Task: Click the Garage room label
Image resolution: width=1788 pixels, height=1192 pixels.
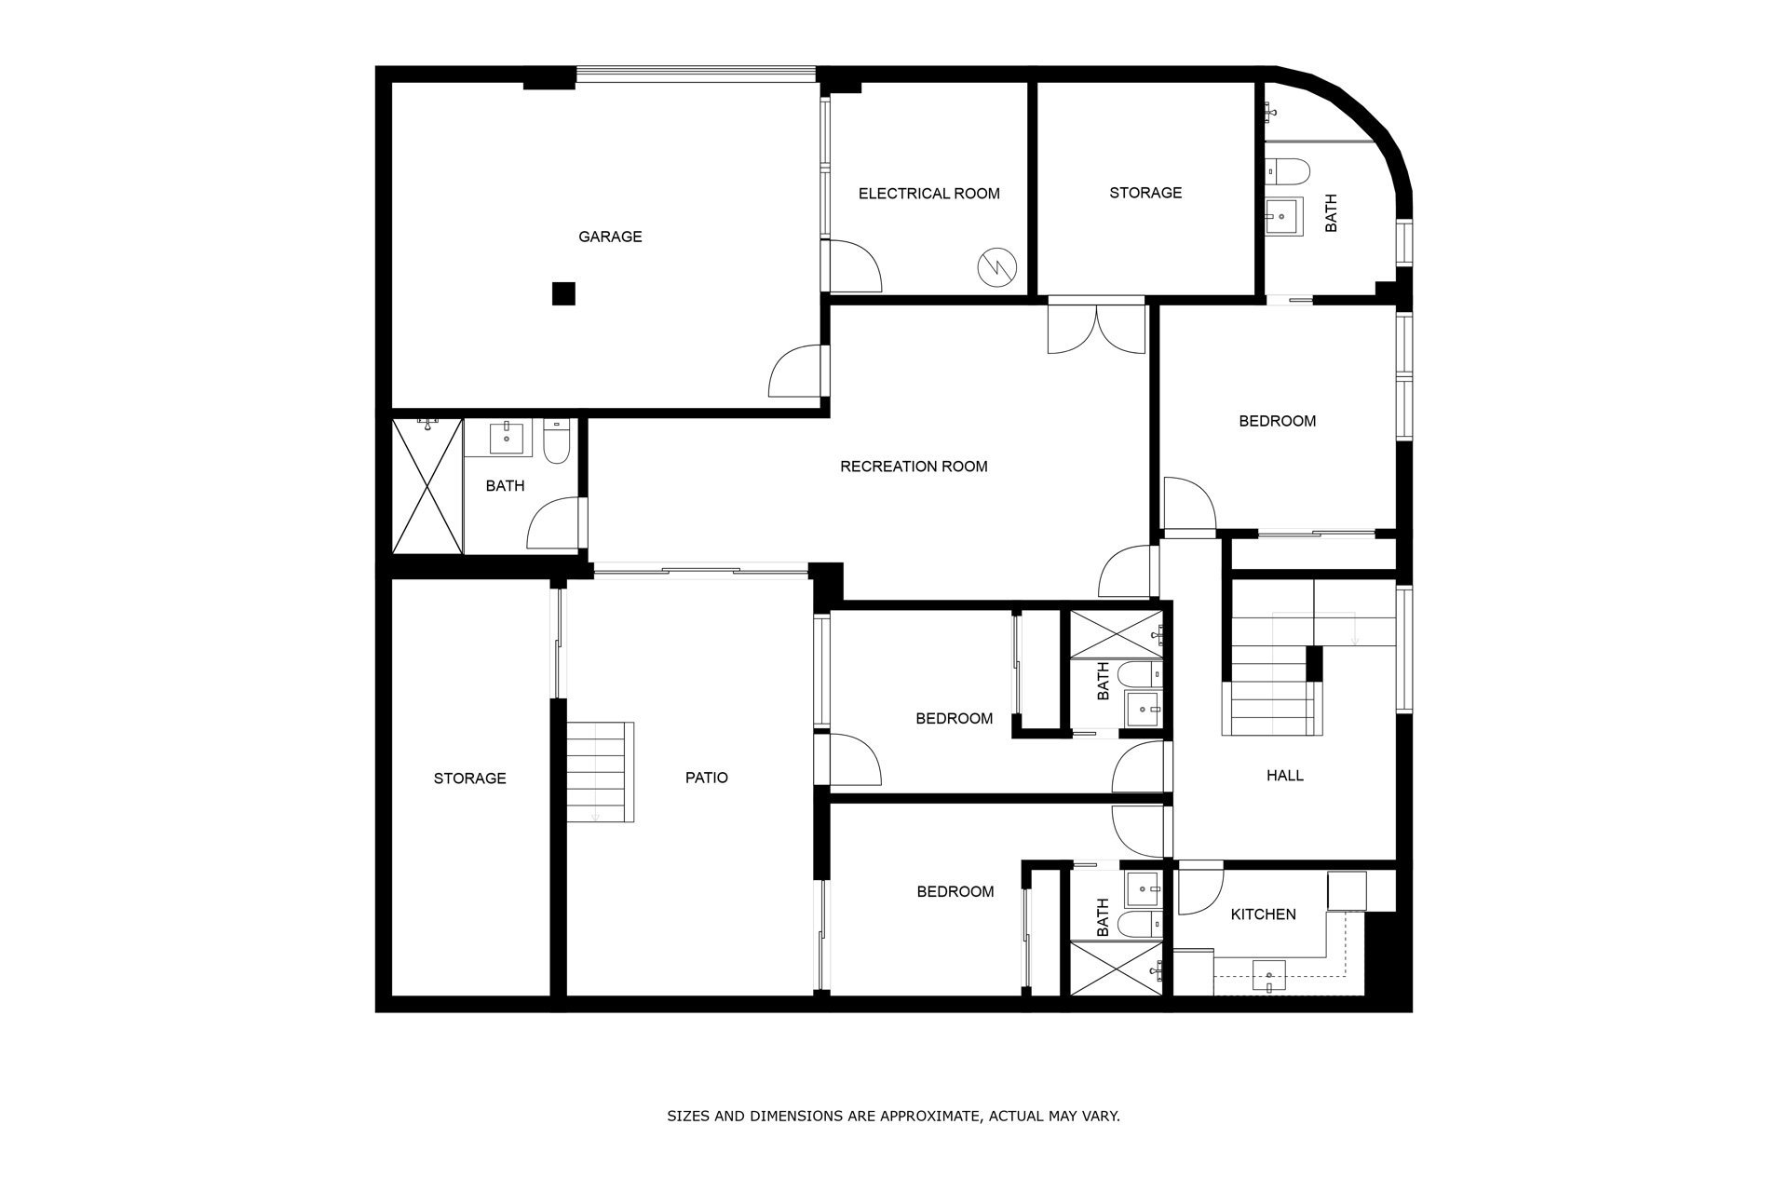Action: pyautogui.click(x=610, y=237)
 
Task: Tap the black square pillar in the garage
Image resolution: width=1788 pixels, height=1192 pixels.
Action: pyautogui.click(x=563, y=294)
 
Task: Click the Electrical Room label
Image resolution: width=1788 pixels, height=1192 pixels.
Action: pyautogui.click(x=928, y=194)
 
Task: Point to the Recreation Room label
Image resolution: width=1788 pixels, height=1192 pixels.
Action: pyautogui.click(x=914, y=467)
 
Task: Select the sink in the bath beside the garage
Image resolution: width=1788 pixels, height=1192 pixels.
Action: pyautogui.click(x=506, y=437)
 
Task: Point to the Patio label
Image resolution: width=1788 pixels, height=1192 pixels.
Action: pyautogui.click(x=707, y=778)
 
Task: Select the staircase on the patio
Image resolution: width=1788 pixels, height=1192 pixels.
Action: pyautogui.click(x=601, y=772)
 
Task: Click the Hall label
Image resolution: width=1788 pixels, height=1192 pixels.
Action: pyautogui.click(x=1285, y=775)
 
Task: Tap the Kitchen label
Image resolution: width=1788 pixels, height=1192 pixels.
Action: pyautogui.click(x=1264, y=914)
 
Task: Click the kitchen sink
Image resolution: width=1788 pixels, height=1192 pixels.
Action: pyautogui.click(x=1268, y=975)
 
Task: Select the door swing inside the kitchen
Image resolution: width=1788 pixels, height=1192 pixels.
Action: pyautogui.click(x=1201, y=892)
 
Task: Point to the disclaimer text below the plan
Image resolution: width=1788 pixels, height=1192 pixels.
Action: pyautogui.click(x=893, y=1116)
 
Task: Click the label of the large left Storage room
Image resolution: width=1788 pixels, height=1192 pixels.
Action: pyautogui.click(x=470, y=779)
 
